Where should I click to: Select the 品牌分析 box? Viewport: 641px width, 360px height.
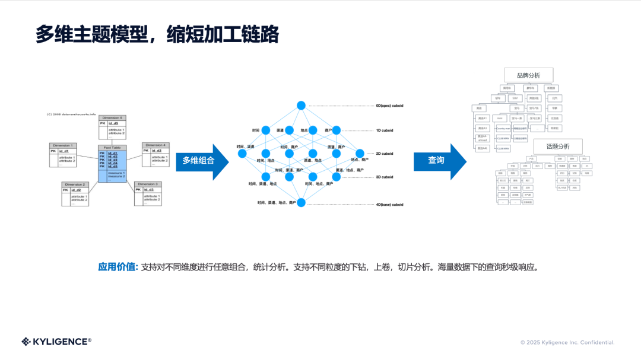[528, 75]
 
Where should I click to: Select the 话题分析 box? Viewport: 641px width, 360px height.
[557, 146]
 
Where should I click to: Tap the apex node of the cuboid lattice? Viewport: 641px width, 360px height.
[301, 106]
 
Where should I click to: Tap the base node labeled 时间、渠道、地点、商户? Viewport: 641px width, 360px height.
[301, 202]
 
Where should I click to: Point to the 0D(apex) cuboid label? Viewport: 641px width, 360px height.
[389, 106]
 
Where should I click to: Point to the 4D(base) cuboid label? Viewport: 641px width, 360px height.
[389, 205]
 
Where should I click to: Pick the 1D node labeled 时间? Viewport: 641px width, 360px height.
[266, 130]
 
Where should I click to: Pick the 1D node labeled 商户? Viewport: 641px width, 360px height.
[337, 130]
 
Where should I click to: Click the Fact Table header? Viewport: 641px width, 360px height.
[112, 147]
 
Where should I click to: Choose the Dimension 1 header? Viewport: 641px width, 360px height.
[64, 145]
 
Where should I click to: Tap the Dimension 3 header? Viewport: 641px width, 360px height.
[148, 184]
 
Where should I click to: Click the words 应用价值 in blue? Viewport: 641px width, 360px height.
[118, 267]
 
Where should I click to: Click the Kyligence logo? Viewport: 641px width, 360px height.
[56, 341]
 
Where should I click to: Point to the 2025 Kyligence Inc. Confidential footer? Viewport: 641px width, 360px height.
[567, 342]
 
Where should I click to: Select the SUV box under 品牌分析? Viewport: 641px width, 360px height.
[515, 98]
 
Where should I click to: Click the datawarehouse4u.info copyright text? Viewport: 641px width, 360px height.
[71, 114]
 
